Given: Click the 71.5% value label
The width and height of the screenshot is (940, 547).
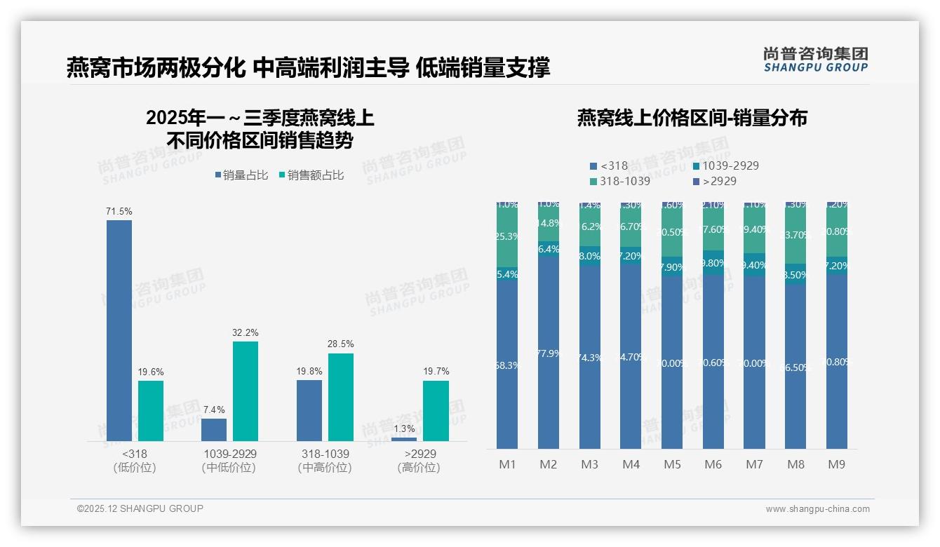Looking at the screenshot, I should click(x=119, y=211).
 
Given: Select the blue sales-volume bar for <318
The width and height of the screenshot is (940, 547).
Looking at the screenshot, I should click(x=119, y=330).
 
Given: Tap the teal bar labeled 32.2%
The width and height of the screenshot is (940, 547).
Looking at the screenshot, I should click(x=246, y=391).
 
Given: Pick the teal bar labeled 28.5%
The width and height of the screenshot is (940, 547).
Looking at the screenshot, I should click(x=341, y=397).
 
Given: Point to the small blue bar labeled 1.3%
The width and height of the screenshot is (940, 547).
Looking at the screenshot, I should click(x=404, y=439).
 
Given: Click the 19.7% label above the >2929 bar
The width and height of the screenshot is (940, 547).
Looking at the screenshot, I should click(x=436, y=371).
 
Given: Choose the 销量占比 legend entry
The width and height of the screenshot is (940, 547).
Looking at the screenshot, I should click(x=242, y=175).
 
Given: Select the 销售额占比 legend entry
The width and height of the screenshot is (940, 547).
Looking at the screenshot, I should click(x=311, y=175).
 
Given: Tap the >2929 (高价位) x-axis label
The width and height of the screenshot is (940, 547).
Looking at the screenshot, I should click(x=420, y=461).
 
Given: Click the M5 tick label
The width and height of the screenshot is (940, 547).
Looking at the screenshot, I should click(x=672, y=464).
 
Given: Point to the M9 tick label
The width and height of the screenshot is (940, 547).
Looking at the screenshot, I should click(x=837, y=464).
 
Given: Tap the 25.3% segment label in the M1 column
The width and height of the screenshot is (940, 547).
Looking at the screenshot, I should click(x=506, y=236).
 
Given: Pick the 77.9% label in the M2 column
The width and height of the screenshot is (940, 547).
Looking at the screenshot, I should click(x=549, y=353).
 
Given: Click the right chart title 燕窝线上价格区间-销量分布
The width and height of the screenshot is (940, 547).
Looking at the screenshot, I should click(x=692, y=118).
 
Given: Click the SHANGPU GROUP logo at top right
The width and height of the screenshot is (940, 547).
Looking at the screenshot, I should click(x=815, y=60).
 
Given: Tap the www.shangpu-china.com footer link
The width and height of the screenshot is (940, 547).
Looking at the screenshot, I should click(x=817, y=509).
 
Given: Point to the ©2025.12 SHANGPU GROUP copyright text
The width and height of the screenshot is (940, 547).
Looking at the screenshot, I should click(x=140, y=508).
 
